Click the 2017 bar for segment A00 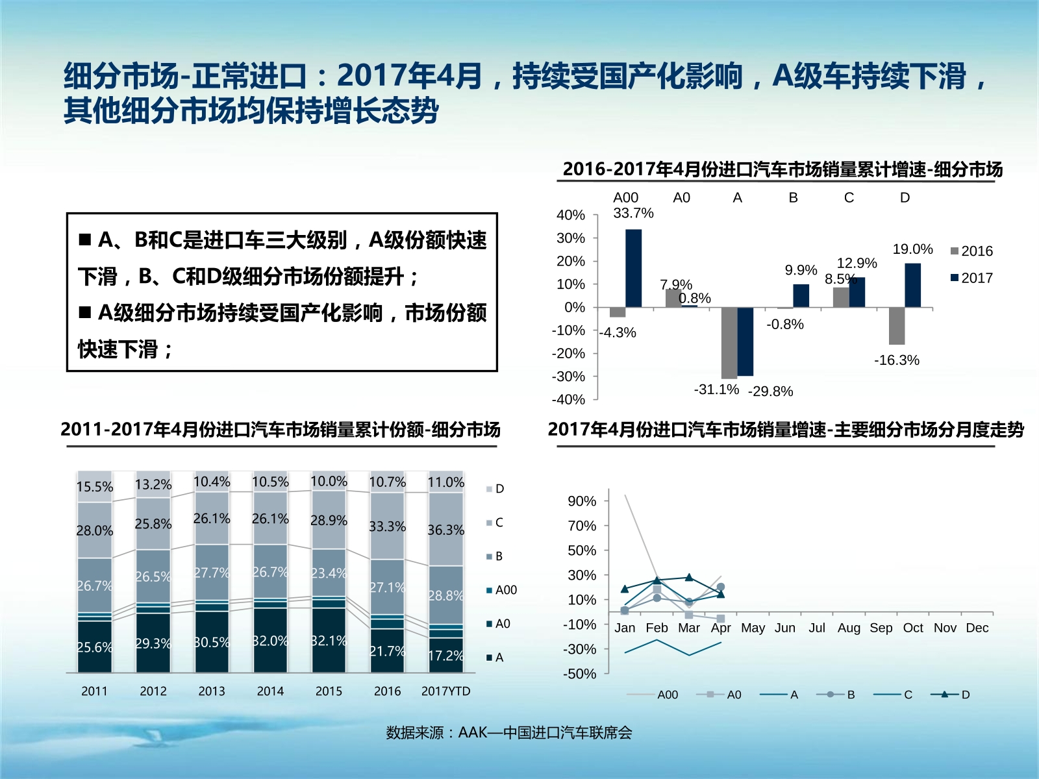click(x=633, y=268)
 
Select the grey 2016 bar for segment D click(x=897, y=326)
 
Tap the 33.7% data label click(x=633, y=214)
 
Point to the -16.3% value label click(x=896, y=360)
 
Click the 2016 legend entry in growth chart click(x=971, y=251)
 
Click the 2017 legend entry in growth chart click(x=971, y=278)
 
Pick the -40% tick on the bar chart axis click(x=568, y=400)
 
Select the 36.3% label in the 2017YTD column click(x=445, y=530)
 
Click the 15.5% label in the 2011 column click(x=95, y=487)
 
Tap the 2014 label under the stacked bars click(x=270, y=691)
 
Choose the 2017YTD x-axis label click(x=445, y=691)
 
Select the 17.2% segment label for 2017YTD click(x=445, y=656)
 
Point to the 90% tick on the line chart click(x=581, y=501)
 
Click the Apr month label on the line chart click(x=721, y=628)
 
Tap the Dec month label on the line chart click(x=977, y=628)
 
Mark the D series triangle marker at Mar click(x=689, y=577)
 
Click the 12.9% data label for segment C click(x=857, y=264)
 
